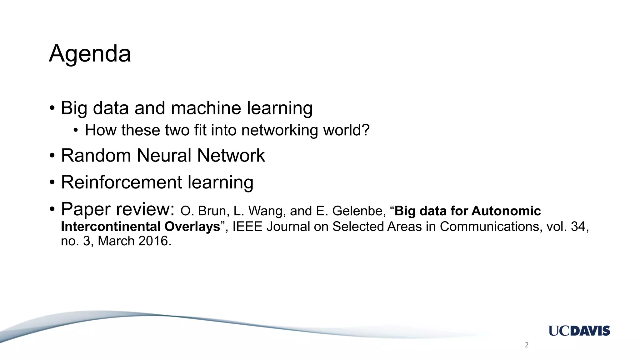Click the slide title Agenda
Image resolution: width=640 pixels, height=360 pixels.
pyautogui.click(x=90, y=54)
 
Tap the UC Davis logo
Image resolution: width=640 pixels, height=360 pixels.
pyautogui.click(x=579, y=331)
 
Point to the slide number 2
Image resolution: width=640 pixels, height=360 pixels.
pyautogui.click(x=527, y=345)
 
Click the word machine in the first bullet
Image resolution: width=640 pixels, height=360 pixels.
pyautogui.click(x=206, y=108)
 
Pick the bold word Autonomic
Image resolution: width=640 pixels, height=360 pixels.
pyautogui.click(x=506, y=211)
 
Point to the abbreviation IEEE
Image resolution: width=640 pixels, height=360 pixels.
pyautogui.click(x=247, y=227)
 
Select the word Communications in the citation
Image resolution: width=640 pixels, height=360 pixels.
pyautogui.click(x=491, y=227)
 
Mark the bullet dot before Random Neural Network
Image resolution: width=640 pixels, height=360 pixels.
pyautogui.click(x=52, y=156)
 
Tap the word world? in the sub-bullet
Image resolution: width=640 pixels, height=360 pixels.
pyautogui.click(x=346, y=130)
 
